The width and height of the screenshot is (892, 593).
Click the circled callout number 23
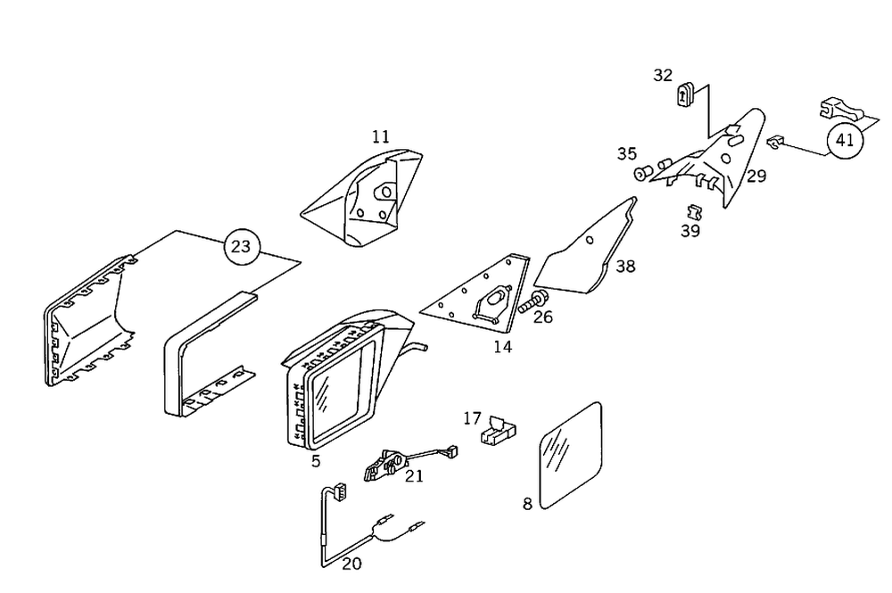coord(241,246)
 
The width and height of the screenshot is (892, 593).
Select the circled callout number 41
coord(844,141)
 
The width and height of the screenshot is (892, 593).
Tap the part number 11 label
coord(381,136)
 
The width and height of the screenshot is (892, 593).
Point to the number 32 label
coord(663,76)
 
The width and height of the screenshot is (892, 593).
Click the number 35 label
coord(627,154)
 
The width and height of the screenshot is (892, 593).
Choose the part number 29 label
coord(756,177)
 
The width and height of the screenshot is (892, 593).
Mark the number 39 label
coord(690,231)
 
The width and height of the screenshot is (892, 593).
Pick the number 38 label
coord(625,267)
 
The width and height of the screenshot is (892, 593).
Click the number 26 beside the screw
coord(543,317)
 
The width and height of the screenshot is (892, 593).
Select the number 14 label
coord(503,347)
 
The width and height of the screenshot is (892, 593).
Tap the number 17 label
coord(472,417)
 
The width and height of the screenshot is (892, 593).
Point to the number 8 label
coord(527,504)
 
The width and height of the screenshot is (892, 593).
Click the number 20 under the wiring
coord(352,564)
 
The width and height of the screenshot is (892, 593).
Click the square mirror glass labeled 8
coord(569,454)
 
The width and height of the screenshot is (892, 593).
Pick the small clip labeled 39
coord(693,212)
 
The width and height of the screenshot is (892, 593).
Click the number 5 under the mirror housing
coord(316,461)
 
